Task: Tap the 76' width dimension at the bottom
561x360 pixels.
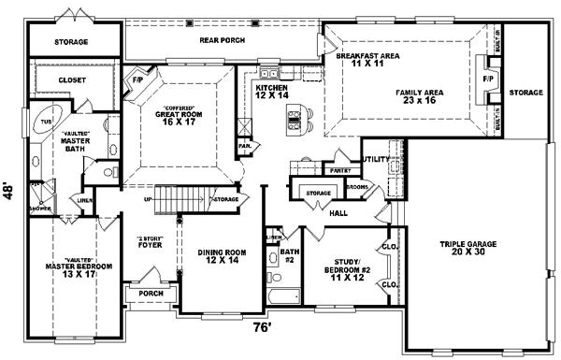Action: [x=262, y=327]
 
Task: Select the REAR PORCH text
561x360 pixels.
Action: [x=222, y=41]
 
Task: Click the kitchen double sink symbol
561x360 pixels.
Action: [x=269, y=73]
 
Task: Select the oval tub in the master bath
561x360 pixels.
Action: [x=45, y=122]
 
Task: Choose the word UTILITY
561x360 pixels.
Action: [x=376, y=160]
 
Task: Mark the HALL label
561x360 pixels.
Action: [x=338, y=213]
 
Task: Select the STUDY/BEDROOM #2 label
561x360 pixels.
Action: [x=340, y=265]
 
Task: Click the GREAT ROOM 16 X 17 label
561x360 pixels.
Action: [x=178, y=113]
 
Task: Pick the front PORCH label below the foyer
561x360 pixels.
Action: [x=151, y=294]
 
